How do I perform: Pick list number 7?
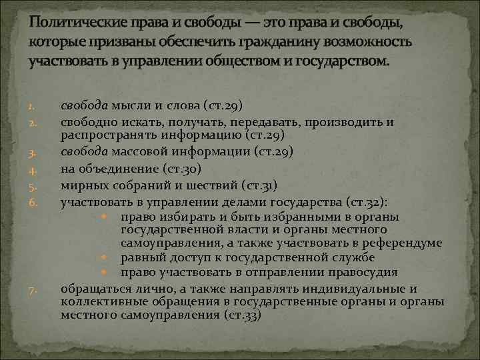(x=31, y=291)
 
